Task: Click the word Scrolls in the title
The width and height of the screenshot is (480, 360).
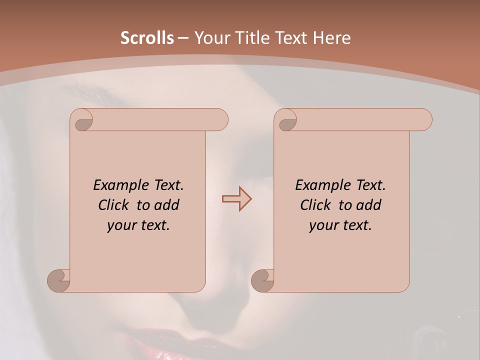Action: tap(147, 38)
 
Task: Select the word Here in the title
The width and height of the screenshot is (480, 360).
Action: tap(331, 38)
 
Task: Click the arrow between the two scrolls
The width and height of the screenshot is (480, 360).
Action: tap(236, 199)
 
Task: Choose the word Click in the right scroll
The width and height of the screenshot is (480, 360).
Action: tap(316, 205)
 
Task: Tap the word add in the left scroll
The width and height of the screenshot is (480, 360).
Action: tap(167, 205)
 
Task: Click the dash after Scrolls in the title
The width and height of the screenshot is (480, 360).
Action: tap(183, 38)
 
